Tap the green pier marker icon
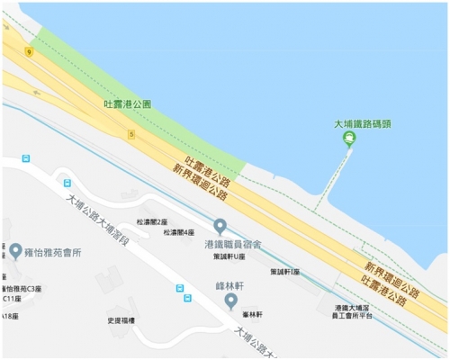pos(349,138)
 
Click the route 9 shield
pos(30,52)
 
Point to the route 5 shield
pos(131,135)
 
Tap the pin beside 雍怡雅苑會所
pos(16,250)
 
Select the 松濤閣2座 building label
pos(153,220)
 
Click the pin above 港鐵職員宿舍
pos(220,225)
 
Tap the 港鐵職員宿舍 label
pos(232,244)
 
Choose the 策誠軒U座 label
pos(231,256)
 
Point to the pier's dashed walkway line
pos(333,180)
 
